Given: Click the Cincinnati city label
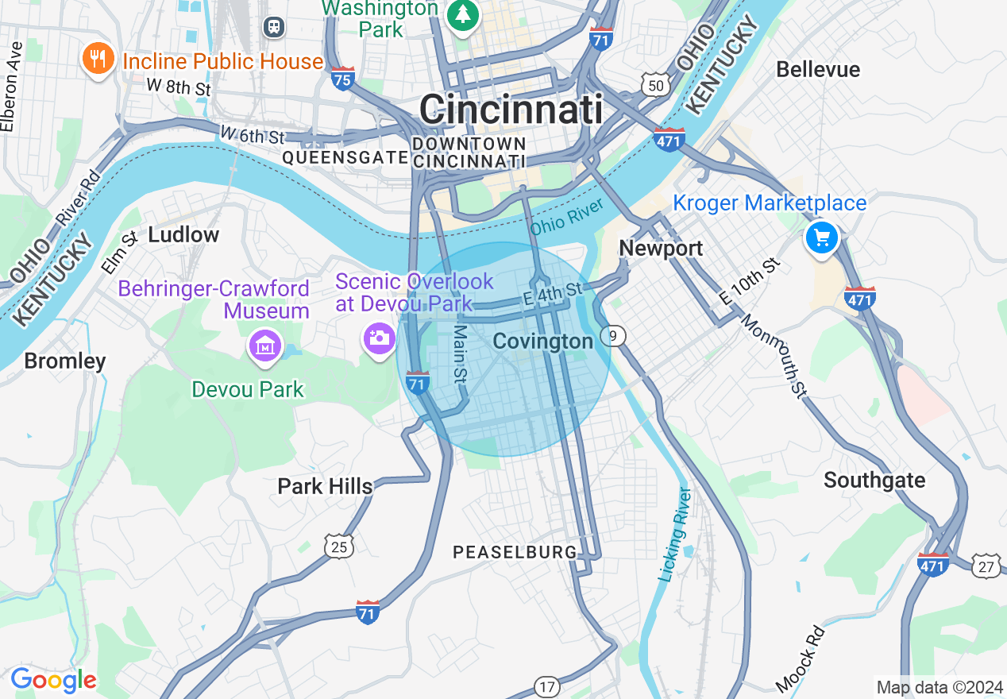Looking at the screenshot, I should pos(511,109).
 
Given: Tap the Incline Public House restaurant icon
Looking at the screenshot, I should pos(97,60).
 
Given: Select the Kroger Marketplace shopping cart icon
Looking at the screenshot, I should pos(822,238).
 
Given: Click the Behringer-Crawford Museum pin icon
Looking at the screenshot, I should pos(265,346).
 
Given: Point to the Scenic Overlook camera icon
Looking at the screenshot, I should pos(379,338).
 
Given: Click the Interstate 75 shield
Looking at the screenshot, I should pos(343,79).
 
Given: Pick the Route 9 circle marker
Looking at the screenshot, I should pos(612,337).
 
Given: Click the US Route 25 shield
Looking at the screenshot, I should pos(339,546).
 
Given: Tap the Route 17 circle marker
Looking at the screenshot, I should pos(546,687).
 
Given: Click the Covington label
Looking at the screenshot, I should pos(543,342).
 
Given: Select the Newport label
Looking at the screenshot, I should pos(661,248).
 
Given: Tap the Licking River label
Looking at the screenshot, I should pos(677,534).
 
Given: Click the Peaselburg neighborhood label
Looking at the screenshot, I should pos(515,551).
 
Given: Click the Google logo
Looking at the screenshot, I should pos(53,680).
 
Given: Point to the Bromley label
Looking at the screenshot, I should pos(65,361).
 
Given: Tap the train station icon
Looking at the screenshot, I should pos(274,26).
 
